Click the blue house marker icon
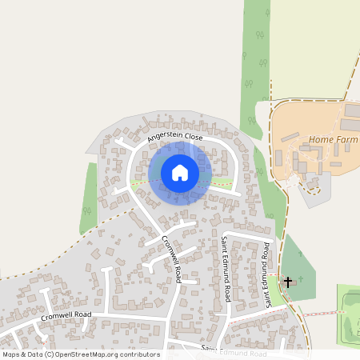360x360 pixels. (x=180, y=172)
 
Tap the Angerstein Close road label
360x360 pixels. (x=175, y=138)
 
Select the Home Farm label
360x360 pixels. (x=333, y=140)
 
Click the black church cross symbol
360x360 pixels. (x=288, y=282)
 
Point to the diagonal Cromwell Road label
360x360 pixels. (x=171, y=259)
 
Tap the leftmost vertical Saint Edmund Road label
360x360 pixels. (x=226, y=269)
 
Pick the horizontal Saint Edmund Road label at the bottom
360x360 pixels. (x=234, y=353)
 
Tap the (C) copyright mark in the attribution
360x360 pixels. (x=49, y=354)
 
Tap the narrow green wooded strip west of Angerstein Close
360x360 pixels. (x=89, y=192)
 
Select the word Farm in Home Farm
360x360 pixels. (x=346, y=140)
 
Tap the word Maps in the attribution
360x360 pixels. (x=11, y=354)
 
